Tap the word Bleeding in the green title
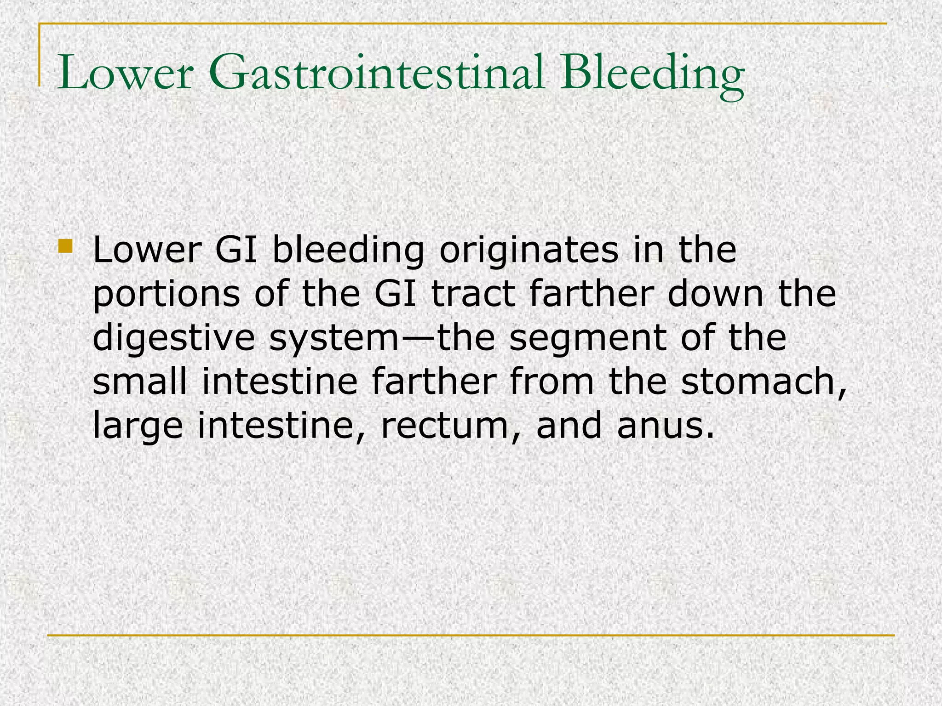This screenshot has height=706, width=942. tap(652, 74)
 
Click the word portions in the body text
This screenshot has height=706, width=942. tap(166, 295)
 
